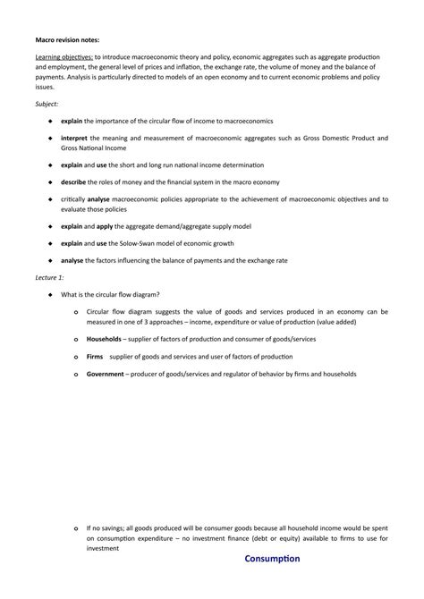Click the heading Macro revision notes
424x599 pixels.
click(x=68, y=39)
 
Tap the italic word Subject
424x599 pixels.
click(x=49, y=104)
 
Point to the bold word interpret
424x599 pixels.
click(x=75, y=138)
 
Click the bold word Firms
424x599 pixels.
click(x=98, y=356)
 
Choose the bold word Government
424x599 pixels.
click(x=105, y=373)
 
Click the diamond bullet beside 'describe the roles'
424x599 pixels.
click(x=50, y=181)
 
